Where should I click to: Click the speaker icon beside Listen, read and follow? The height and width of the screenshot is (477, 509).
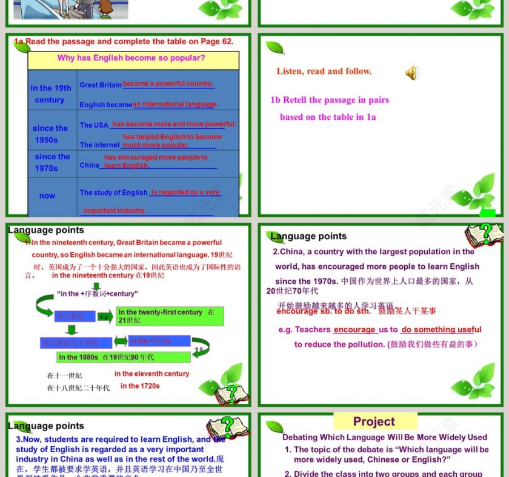click(412, 73)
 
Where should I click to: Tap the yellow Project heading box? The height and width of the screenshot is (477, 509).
click(374, 421)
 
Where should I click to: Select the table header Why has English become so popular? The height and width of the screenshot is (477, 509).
click(131, 59)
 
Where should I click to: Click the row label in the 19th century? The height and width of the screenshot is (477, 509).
click(51, 94)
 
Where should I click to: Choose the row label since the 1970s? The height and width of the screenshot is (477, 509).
click(52, 162)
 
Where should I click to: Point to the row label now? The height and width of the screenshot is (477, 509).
click(47, 196)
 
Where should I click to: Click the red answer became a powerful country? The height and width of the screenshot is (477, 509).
click(168, 84)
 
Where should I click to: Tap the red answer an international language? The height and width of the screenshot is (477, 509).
click(175, 104)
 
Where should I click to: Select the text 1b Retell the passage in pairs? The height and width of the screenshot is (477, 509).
click(330, 100)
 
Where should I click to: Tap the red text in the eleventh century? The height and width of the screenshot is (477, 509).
click(151, 373)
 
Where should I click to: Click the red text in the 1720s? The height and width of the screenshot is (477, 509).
click(140, 386)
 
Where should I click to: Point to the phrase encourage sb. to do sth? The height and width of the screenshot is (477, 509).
click(323, 311)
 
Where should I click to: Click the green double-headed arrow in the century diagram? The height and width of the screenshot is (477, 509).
click(121, 341)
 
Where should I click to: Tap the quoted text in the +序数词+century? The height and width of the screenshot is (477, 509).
click(98, 294)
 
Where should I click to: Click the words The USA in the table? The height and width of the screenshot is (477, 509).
click(94, 125)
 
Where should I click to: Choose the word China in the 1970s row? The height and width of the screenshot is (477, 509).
click(89, 165)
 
